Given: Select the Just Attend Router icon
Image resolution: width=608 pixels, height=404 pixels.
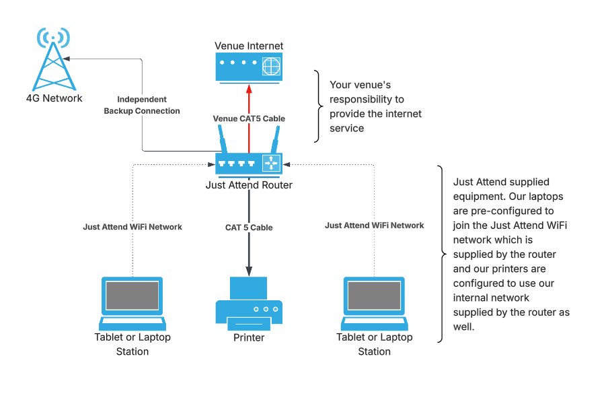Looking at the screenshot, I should [x=249, y=162].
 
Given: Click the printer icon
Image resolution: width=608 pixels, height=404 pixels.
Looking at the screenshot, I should [x=249, y=304].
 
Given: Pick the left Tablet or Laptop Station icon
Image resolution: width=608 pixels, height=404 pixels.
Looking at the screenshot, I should [x=132, y=302].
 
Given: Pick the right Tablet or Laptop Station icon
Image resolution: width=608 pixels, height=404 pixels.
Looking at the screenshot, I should [x=374, y=302].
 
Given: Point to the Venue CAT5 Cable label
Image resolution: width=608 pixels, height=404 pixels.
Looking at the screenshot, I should [x=249, y=119].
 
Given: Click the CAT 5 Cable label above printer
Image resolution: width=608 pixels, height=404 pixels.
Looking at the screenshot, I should [x=249, y=228].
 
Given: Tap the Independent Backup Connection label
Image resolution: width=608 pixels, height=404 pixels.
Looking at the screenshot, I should [x=142, y=105].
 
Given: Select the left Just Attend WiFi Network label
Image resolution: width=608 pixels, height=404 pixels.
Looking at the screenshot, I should [x=132, y=227].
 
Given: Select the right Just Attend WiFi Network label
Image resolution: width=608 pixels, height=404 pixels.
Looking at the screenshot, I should [x=374, y=226].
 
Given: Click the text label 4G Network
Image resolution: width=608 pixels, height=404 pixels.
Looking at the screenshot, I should [x=54, y=98].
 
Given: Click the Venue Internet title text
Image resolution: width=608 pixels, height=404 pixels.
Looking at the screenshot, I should [x=249, y=46].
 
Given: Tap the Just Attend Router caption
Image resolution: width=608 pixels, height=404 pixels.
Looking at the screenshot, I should [x=249, y=185].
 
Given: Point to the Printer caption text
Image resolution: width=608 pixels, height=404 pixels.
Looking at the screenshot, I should [x=249, y=337].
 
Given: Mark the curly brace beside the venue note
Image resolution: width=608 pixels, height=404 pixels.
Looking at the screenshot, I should [x=318, y=106].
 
